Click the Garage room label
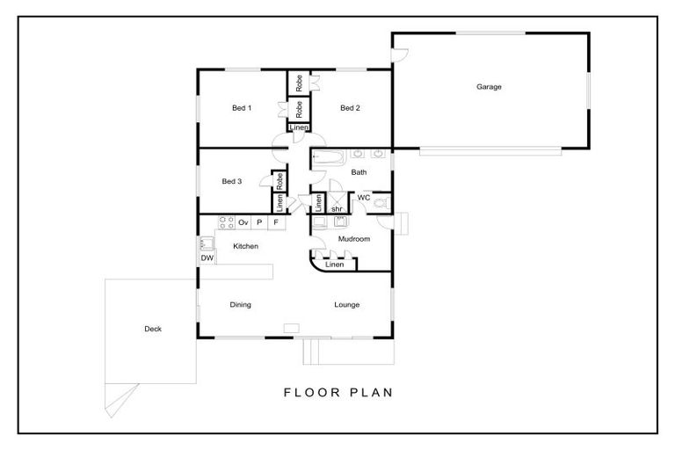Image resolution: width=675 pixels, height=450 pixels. pyautogui.click(x=489, y=86)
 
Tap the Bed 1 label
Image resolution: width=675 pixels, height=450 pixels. pyautogui.click(x=242, y=108)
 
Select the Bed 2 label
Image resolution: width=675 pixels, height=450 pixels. pyautogui.click(x=350, y=108)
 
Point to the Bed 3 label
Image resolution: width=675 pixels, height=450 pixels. pyautogui.click(x=232, y=181)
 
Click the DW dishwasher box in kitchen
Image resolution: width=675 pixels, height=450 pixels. pyautogui.click(x=207, y=258)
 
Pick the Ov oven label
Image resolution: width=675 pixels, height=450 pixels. pyautogui.click(x=243, y=222)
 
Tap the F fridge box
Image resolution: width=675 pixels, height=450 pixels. pyautogui.click(x=276, y=222)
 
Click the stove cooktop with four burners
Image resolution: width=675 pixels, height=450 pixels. pyautogui.click(x=227, y=222)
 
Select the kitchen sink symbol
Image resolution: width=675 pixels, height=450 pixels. pyautogui.click(x=207, y=243)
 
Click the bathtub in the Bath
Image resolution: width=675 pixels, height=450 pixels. pyautogui.click(x=329, y=157)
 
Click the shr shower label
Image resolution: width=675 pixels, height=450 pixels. pyautogui.click(x=337, y=209)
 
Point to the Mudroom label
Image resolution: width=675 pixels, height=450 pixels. pyautogui.click(x=354, y=239)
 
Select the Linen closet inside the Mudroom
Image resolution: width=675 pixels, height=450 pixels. pyautogui.click(x=335, y=265)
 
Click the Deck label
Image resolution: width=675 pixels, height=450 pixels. pyautogui.click(x=153, y=329)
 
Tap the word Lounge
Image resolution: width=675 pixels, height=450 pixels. pyautogui.click(x=346, y=305)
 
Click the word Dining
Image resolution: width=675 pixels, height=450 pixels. pyautogui.click(x=240, y=305)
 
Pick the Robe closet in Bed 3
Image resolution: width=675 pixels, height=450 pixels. pyautogui.click(x=279, y=181)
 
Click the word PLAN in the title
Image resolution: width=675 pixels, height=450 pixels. pyautogui.click(x=371, y=392)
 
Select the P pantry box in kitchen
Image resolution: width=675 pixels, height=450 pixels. pyautogui.click(x=259, y=222)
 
